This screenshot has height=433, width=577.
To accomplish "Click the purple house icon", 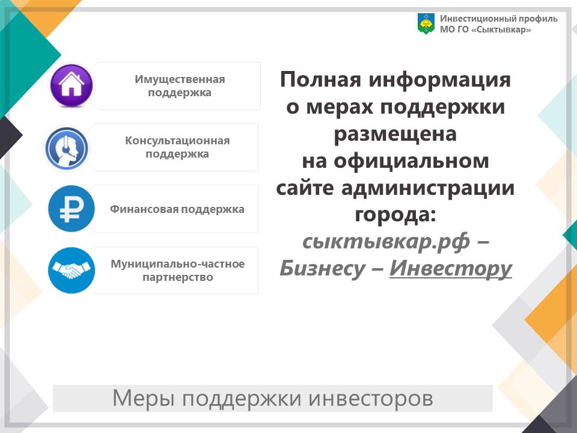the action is coord(72,85).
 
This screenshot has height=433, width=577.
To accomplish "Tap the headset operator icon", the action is coord(67,149).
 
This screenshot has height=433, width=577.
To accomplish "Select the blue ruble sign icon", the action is coord(72,209).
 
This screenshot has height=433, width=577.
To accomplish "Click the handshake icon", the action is coord(72,270).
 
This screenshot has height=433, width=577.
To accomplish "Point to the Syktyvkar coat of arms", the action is coord(426,24).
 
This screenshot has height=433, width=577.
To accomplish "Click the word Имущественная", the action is coord(180,79).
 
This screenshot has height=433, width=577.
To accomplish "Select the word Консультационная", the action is coord(177,141).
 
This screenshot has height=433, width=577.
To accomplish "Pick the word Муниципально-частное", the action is coord(177,264).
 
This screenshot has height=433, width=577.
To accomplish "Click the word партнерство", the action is coord(178,277).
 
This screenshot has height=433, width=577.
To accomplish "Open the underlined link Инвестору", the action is coord(451,268).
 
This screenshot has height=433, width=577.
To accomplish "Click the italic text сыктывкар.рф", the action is coord(386,242).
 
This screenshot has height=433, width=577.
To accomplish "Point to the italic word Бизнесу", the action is coord(322,268).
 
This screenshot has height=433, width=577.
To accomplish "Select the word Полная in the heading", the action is coord(320,79).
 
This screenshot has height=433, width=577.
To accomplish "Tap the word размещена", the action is coord(395,134).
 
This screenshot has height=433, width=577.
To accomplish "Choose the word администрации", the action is coord(428,188).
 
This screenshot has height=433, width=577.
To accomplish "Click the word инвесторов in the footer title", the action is coord(371,398).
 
